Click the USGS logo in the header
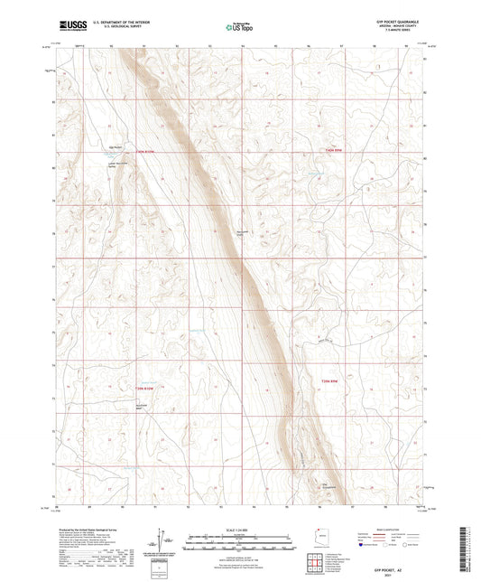[x=69, y=26]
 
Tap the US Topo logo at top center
[x=240, y=27]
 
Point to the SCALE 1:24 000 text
[x=240, y=529]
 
